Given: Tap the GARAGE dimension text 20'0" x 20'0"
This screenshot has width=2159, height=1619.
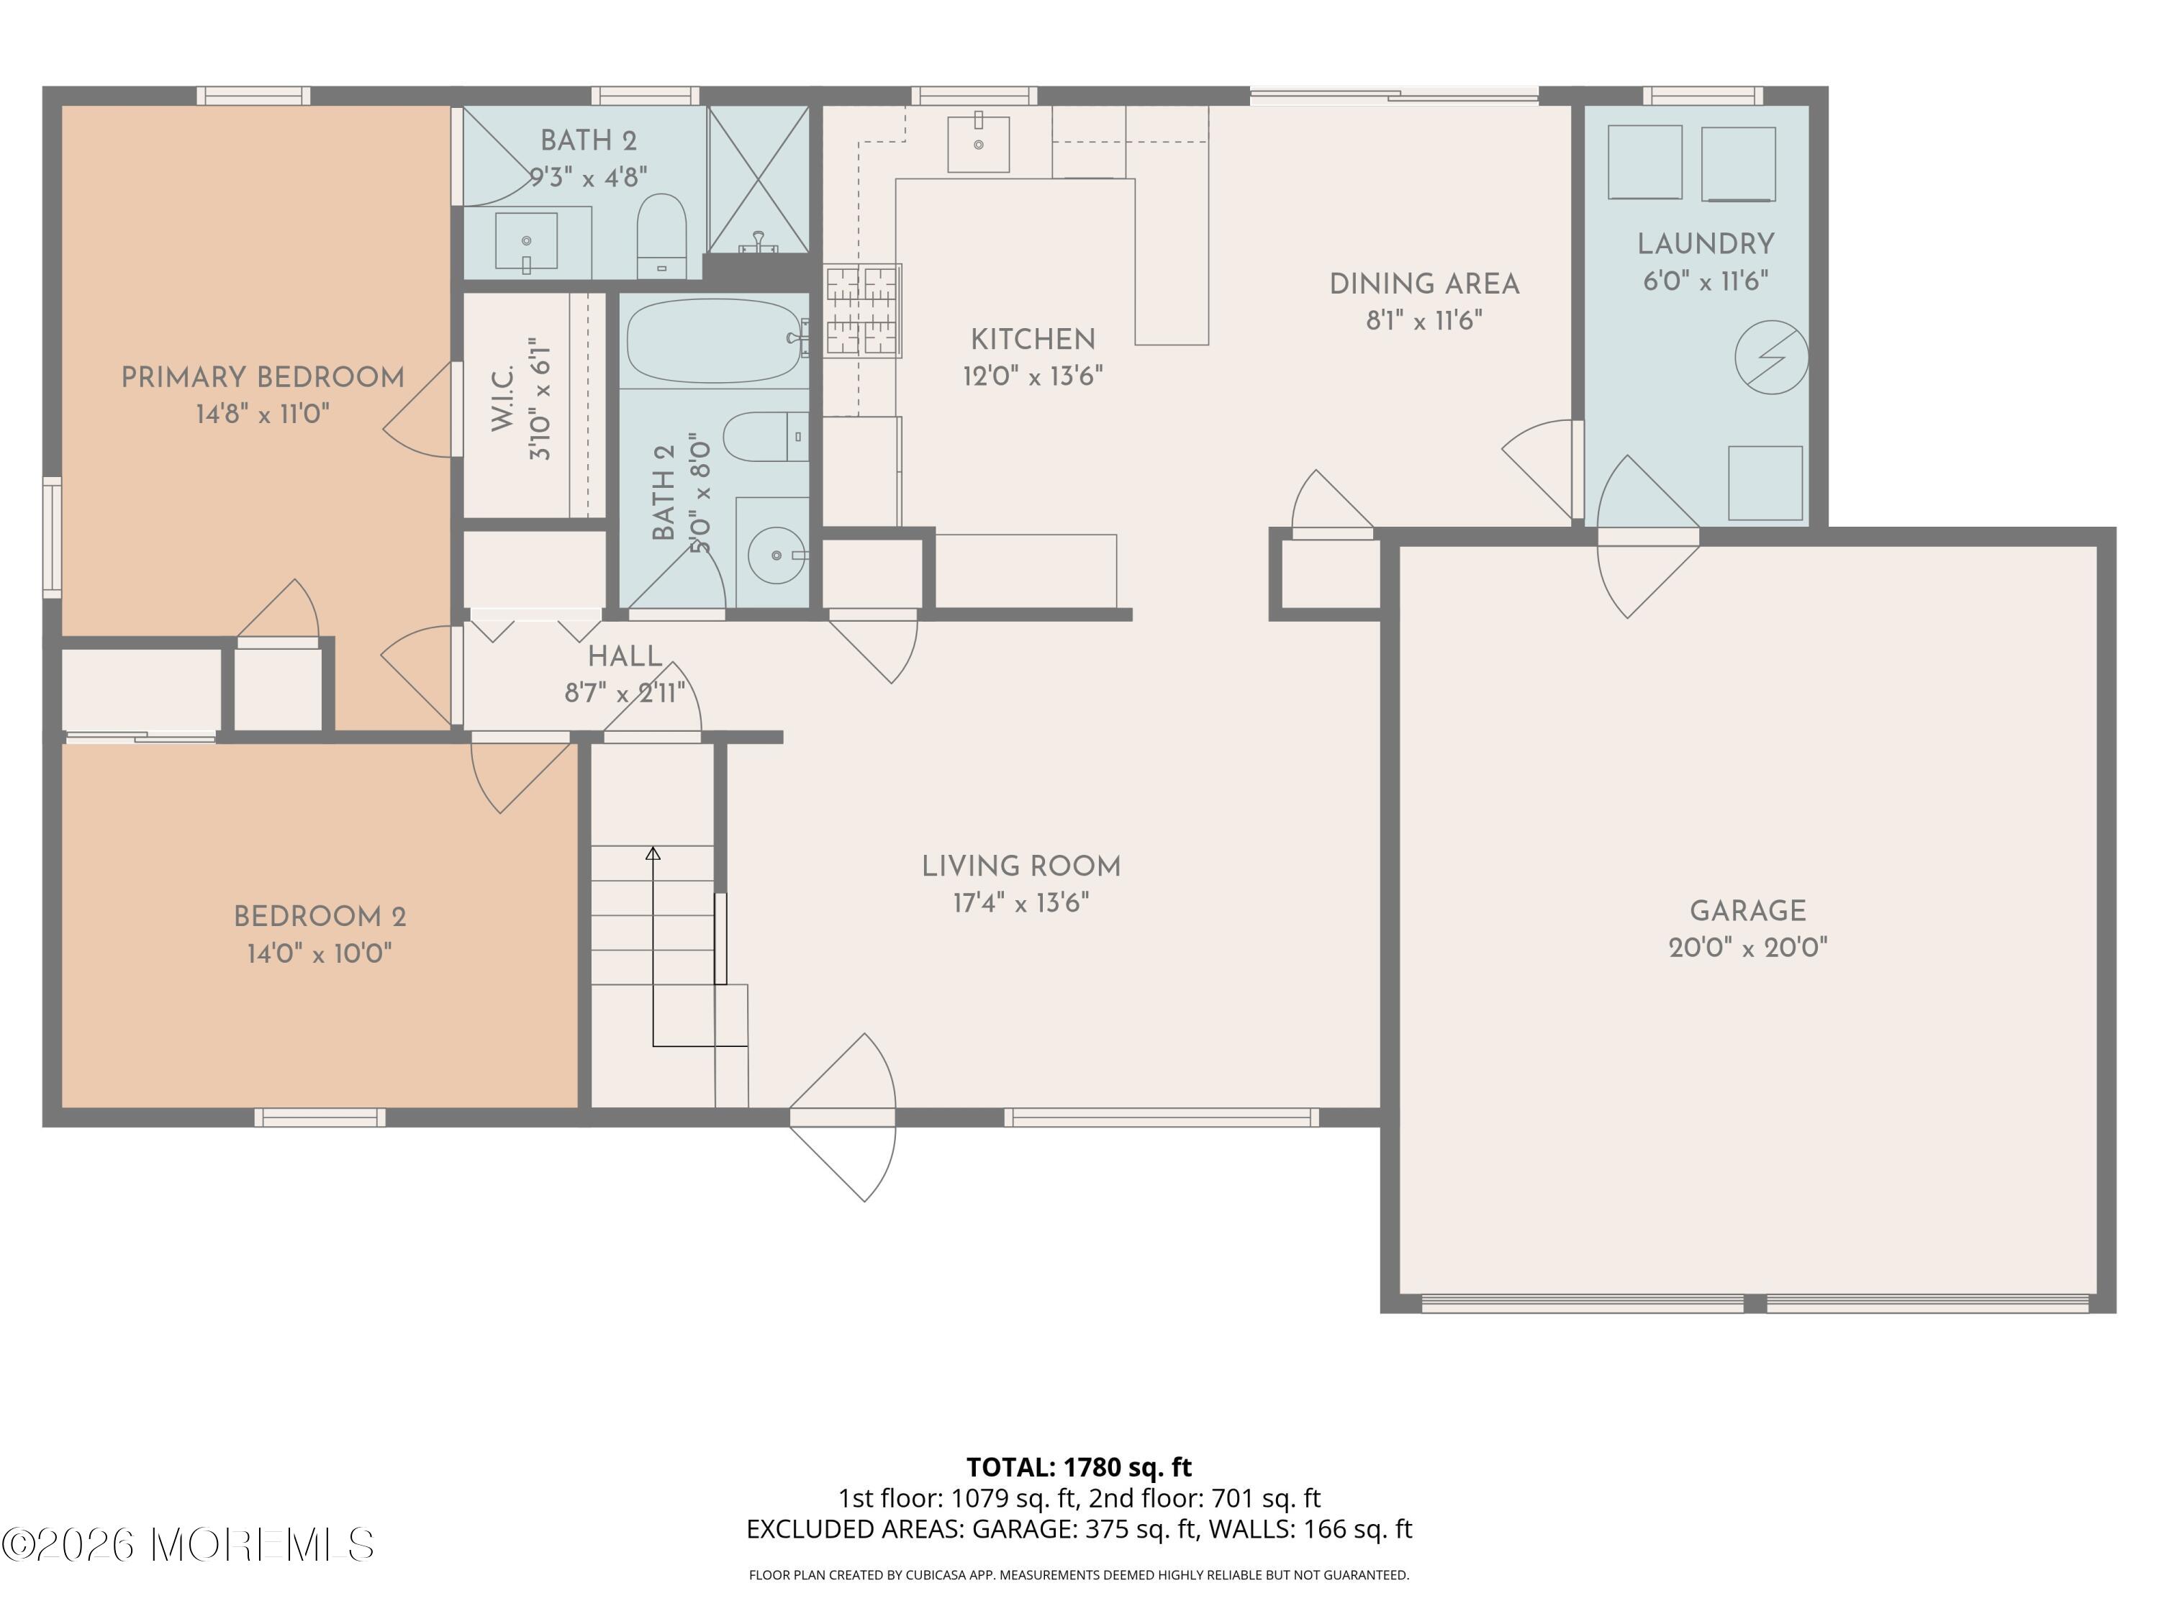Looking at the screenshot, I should [x=1747, y=948].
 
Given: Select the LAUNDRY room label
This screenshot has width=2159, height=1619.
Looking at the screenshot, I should [x=1705, y=244].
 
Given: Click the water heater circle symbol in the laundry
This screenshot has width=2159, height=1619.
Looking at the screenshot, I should [x=1770, y=358].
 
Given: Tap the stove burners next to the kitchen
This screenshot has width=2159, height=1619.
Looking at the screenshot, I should [x=862, y=310].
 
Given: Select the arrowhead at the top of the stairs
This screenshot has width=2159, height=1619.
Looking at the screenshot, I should [x=653, y=854].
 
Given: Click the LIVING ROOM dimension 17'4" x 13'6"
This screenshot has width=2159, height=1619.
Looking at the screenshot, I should [x=1021, y=903].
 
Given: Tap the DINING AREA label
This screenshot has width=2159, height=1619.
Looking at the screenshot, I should [x=1424, y=285].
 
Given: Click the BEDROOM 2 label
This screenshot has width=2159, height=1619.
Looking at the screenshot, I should [x=319, y=917].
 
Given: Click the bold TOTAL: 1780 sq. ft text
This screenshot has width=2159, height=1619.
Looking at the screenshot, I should [x=1079, y=1466].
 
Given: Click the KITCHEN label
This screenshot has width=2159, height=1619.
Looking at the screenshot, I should [x=1033, y=340].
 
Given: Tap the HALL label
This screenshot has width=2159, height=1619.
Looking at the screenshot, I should [x=625, y=656].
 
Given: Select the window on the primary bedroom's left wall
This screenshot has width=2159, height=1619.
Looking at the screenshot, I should [x=52, y=537].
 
